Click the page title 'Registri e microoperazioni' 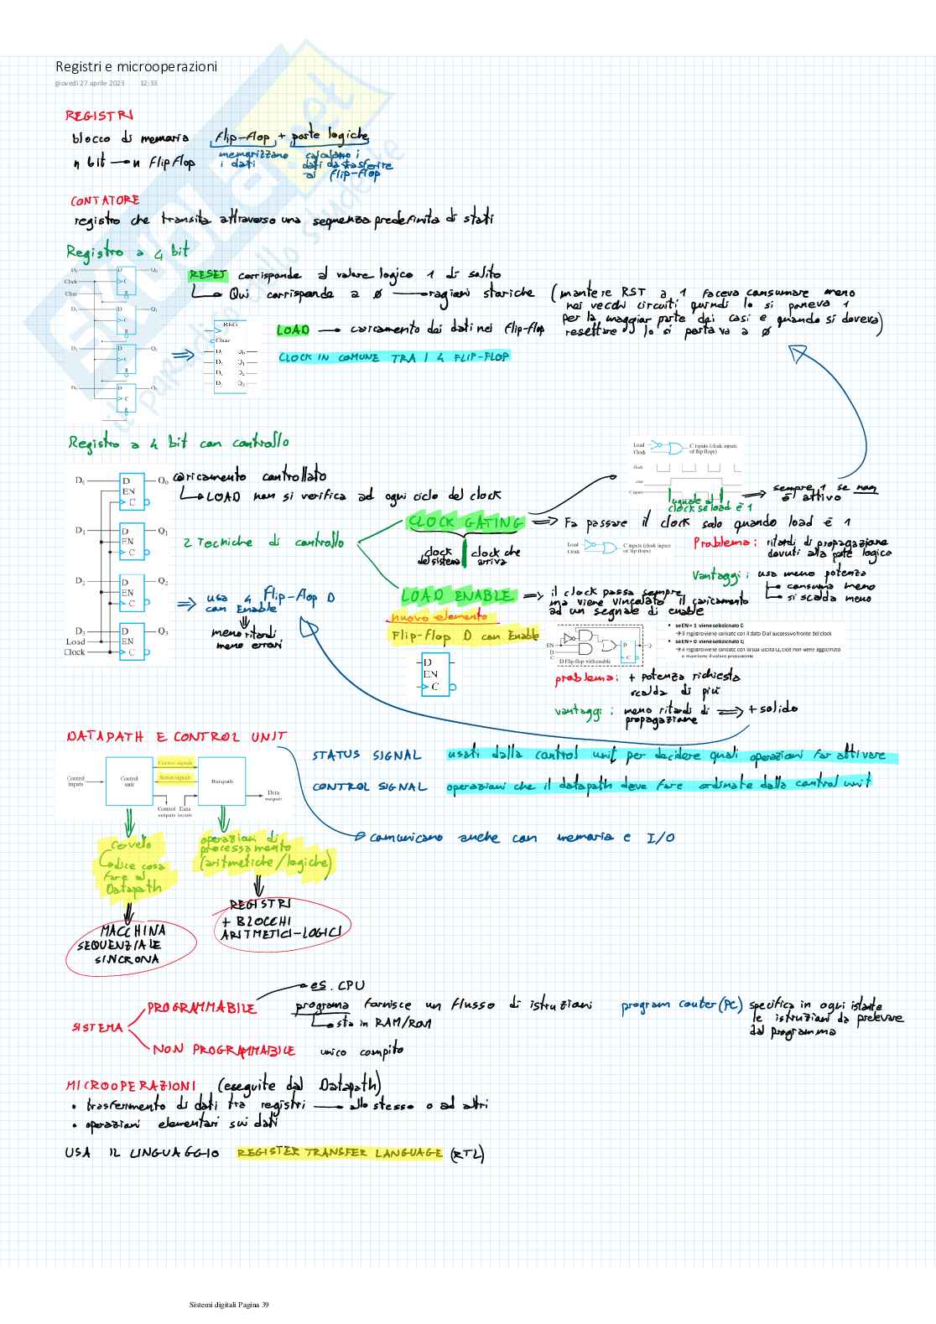click(x=136, y=66)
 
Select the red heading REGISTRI click(x=99, y=116)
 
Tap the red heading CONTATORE click(x=105, y=200)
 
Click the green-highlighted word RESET click(x=208, y=275)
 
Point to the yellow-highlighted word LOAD click(x=293, y=330)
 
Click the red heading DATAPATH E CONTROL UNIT click(x=176, y=737)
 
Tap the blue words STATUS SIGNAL click(x=367, y=755)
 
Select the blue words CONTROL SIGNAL click(x=369, y=787)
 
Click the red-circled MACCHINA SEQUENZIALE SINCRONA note click(x=132, y=945)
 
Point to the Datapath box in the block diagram click(x=221, y=781)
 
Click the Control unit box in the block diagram click(x=129, y=781)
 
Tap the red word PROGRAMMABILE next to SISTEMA click(x=201, y=1008)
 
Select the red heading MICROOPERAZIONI click(x=131, y=1085)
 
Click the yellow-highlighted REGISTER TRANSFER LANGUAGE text click(x=339, y=1153)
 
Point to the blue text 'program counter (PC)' click(x=681, y=1005)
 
